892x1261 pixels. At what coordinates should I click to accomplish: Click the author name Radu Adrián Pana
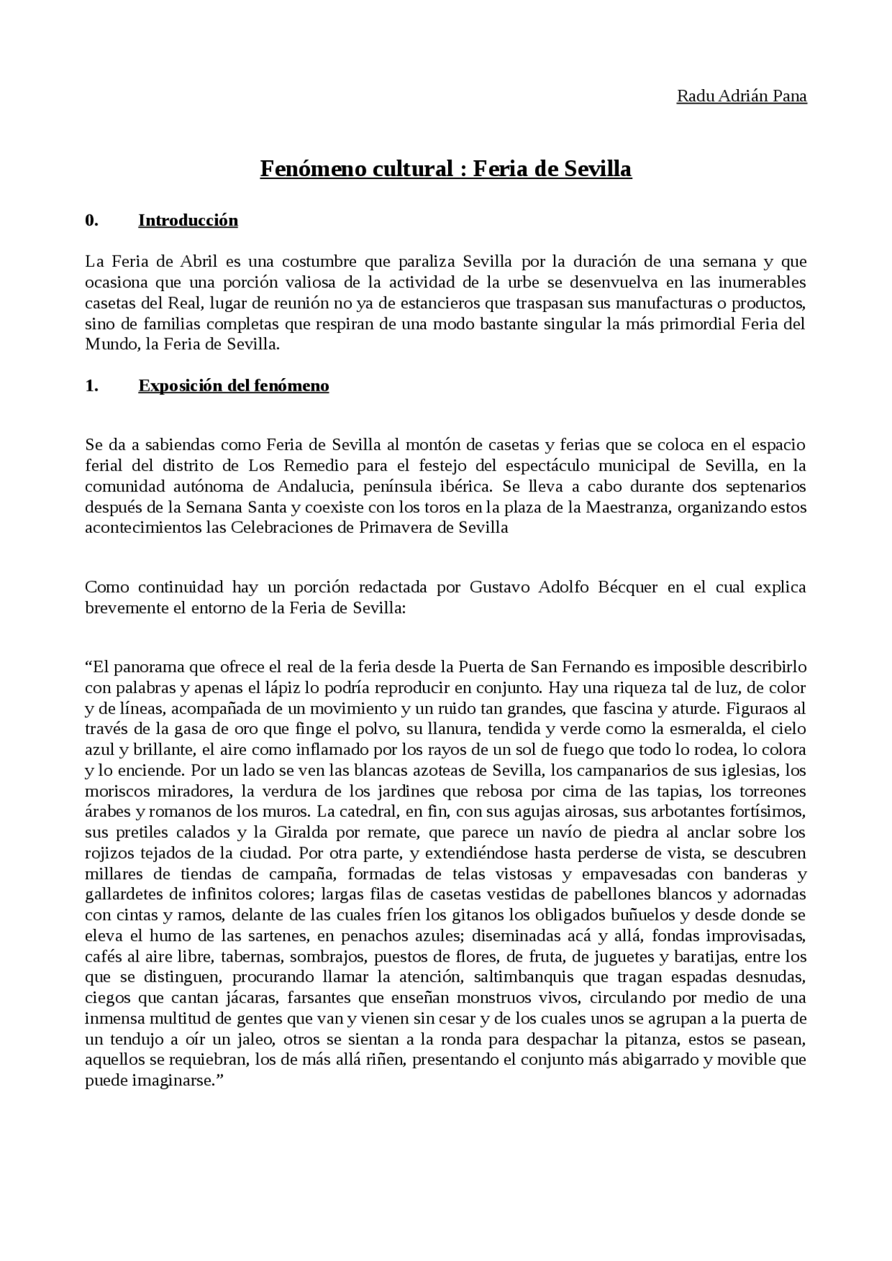(741, 96)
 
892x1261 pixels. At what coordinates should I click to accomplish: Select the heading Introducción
(188, 221)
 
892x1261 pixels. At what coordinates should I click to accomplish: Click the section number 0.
(91, 221)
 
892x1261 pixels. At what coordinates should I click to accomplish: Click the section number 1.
(91, 386)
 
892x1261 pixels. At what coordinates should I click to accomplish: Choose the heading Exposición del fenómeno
(233, 386)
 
